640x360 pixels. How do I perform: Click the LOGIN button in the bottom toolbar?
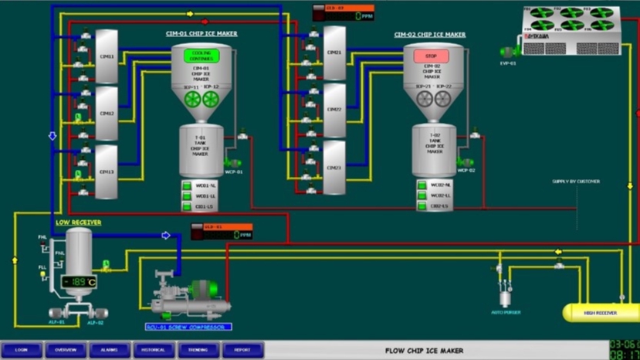(x=22, y=350)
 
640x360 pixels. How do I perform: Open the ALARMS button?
(x=110, y=350)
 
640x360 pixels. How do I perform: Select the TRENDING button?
(x=198, y=350)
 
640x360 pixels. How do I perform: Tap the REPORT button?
(x=242, y=350)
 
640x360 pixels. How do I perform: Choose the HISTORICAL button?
(x=154, y=350)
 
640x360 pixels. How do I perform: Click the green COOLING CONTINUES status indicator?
(x=201, y=56)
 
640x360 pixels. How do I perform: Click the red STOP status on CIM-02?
(x=432, y=56)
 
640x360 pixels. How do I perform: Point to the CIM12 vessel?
(x=107, y=114)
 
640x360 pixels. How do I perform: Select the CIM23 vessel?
(x=334, y=168)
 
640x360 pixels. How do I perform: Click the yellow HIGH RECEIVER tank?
(x=599, y=312)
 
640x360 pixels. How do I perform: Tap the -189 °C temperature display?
(x=79, y=282)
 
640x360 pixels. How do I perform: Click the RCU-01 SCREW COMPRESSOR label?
(x=188, y=327)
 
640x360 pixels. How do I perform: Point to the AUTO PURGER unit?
(x=505, y=297)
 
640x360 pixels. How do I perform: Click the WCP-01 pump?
(x=234, y=163)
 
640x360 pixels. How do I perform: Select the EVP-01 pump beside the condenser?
(x=508, y=53)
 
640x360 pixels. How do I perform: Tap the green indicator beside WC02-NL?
(x=422, y=185)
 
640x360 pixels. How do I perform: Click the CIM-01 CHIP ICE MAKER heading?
(x=203, y=34)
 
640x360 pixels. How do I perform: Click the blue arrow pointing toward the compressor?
(x=165, y=235)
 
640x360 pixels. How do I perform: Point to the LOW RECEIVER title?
(x=78, y=222)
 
